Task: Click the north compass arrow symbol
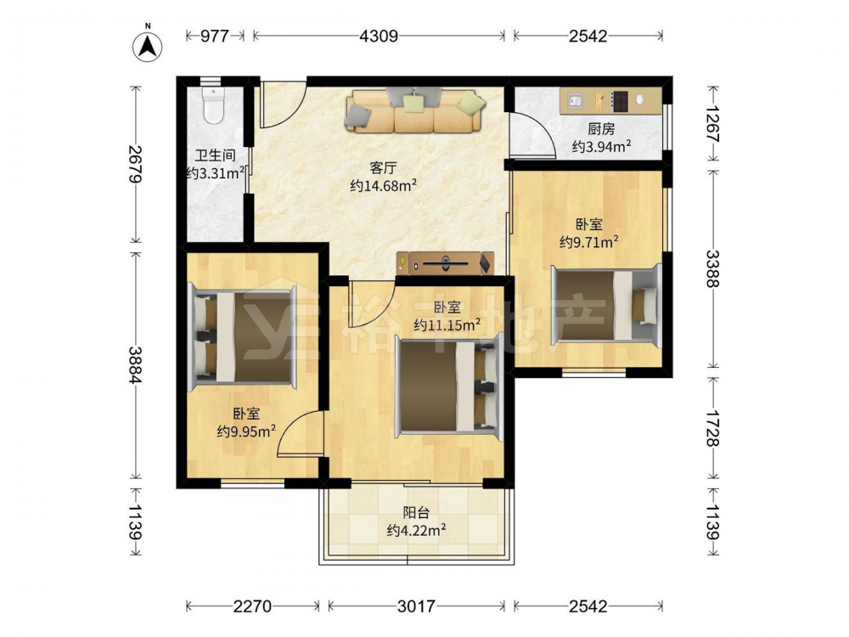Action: coord(148,46)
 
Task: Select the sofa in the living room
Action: coord(415,110)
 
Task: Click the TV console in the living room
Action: coord(445,263)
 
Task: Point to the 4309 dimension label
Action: coord(379,36)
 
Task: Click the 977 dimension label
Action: coord(215,36)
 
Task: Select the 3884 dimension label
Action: coord(135,364)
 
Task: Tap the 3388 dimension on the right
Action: coord(713,268)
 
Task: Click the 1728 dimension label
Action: coord(713,428)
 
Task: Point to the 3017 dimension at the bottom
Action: coord(416,606)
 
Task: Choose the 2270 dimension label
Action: coord(252,606)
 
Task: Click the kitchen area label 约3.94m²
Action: coord(601,146)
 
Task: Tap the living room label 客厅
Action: coord(383,168)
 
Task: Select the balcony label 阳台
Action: coord(416,512)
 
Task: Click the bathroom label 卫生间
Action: coord(215,156)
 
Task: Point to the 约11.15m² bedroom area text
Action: coord(447,325)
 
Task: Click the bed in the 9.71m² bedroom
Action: coord(606,305)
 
